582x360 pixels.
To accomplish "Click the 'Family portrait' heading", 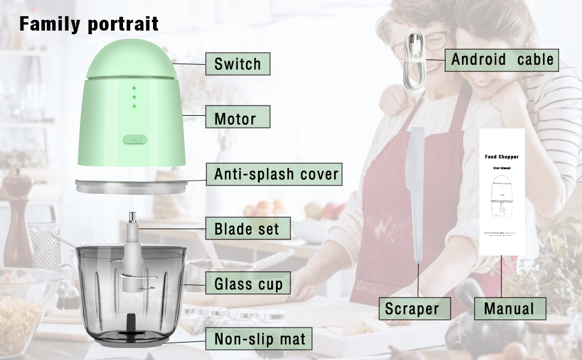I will [x=89, y=24].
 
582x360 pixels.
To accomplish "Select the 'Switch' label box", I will [x=238, y=64].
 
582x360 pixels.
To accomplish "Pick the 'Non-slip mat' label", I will [x=259, y=340].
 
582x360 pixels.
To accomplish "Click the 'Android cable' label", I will [x=502, y=59].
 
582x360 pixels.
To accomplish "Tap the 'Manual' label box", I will [x=509, y=308].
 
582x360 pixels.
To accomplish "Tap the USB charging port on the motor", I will [x=134, y=139].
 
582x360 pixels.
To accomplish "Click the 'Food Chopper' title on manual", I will [x=502, y=157].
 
